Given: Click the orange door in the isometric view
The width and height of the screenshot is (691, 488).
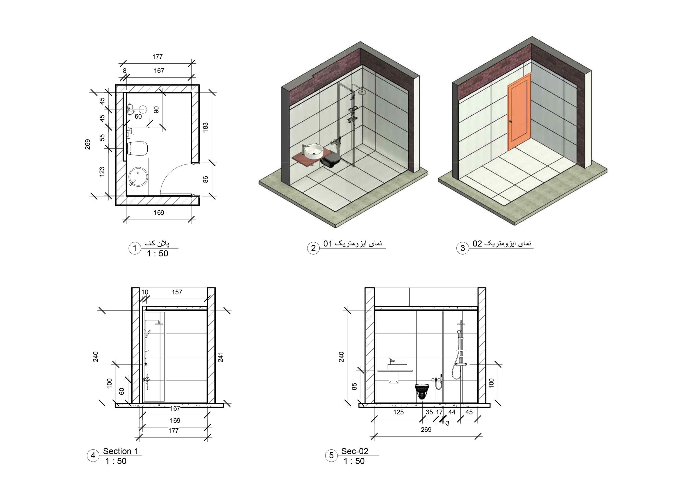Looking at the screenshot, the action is pos(519,113).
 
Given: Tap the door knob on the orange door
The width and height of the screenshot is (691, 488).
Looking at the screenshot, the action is pos(511,122).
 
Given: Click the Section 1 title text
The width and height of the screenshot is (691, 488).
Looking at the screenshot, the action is pos(120,451).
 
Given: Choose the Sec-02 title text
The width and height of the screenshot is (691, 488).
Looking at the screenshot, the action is pos(354,451).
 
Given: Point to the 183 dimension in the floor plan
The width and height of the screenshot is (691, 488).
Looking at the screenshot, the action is pos(206,128).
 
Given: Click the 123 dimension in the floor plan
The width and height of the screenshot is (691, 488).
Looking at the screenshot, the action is pos(102,171).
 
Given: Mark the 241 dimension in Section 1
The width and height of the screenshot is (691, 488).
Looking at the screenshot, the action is pos(221,357).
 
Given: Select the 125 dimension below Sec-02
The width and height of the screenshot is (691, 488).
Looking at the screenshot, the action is pos(398,412).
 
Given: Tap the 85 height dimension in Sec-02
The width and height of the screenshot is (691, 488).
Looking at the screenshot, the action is pos(354,386).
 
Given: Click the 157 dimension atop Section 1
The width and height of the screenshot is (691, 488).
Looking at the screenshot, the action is pos(177,292).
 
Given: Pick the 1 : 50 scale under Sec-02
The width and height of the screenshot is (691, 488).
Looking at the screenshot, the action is pos(354,461).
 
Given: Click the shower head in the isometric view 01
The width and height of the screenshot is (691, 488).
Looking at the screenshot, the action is pos(362,92).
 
